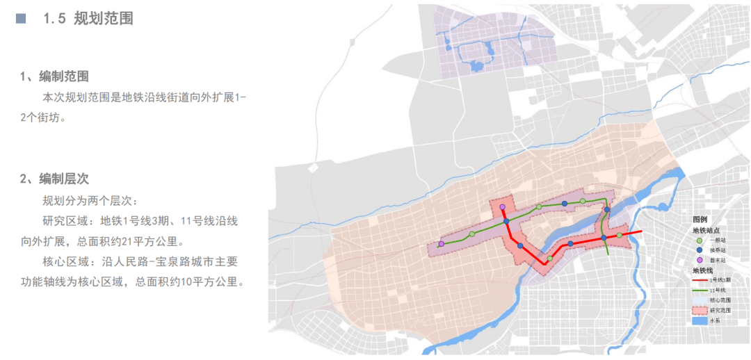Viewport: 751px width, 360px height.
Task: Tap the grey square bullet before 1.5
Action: (21, 19)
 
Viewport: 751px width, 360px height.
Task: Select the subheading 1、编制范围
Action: (54, 76)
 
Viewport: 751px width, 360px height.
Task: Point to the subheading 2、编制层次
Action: (54, 179)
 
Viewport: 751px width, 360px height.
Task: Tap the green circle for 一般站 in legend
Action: (699, 240)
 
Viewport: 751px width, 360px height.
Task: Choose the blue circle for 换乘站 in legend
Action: (699, 249)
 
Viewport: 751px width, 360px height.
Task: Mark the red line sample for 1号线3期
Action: (699, 279)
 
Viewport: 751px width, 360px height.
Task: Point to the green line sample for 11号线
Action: (699, 290)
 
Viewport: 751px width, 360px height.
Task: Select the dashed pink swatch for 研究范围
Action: (699, 310)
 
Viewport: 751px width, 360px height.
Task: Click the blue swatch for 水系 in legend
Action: (699, 321)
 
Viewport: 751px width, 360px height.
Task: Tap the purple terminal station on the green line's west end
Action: (441, 244)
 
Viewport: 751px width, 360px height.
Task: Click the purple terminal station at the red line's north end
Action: (501, 207)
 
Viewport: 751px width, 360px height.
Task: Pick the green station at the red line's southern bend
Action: (550, 259)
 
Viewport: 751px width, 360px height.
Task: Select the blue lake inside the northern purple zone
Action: (476, 67)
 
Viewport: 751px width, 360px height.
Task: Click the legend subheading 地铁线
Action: (704, 270)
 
